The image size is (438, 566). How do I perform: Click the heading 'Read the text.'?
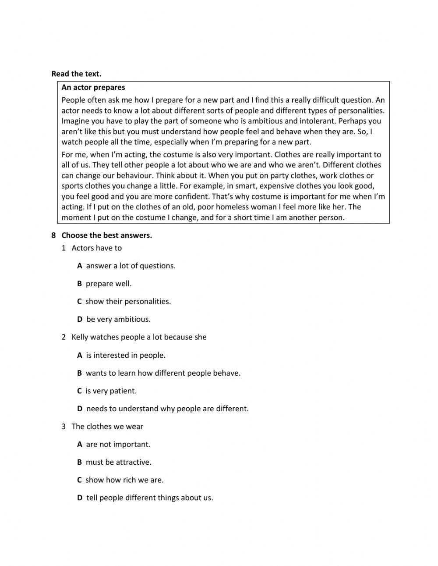coord(76,74)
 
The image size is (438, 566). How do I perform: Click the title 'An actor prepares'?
coord(93,87)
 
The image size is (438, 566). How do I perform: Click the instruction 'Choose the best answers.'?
coord(106,235)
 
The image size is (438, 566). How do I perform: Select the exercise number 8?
coord(53,235)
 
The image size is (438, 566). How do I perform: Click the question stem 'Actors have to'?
coord(96,248)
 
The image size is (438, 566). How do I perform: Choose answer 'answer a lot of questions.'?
coord(131,266)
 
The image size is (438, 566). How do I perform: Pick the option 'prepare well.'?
coord(108,284)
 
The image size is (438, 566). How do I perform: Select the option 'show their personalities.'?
coord(128,302)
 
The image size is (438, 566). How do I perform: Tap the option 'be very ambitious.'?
coord(118,320)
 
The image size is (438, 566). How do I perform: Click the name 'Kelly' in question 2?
coord(80,337)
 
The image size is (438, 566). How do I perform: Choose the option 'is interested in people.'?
coord(126,356)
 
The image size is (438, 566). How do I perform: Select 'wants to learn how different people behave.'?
coord(163,374)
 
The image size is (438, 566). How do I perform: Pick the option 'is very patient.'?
coord(111,391)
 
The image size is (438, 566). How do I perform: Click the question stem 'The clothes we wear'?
coord(107,427)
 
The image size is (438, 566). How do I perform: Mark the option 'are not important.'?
coord(118,445)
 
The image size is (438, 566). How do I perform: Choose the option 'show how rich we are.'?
coord(124,480)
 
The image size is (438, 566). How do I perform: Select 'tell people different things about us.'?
coord(149,498)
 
